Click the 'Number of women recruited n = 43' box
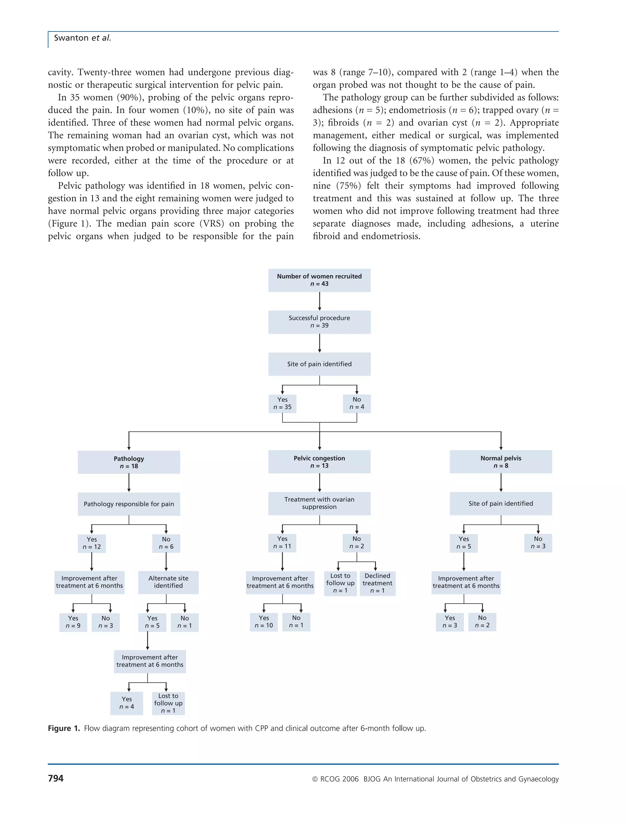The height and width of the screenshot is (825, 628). click(319, 280)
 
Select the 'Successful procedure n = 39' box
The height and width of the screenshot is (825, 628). click(319, 322)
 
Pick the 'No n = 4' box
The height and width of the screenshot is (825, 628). click(357, 404)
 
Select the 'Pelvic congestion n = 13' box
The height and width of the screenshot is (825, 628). click(319, 462)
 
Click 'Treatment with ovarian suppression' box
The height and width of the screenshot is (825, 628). click(319, 503)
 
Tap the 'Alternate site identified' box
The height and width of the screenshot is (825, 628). click(168, 582)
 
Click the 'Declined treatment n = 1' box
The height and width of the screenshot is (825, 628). click(377, 583)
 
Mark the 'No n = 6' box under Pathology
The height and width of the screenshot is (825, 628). click(166, 543)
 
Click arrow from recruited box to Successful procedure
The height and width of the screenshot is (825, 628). click(319, 301)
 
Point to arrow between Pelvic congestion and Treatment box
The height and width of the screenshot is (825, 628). click(319, 483)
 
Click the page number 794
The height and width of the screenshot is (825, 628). click(56, 778)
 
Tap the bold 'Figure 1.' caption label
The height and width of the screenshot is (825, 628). click(63, 728)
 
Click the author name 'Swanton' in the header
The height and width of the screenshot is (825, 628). click(71, 38)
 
